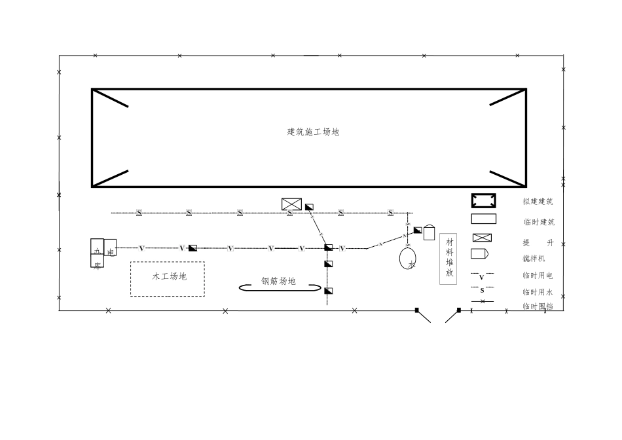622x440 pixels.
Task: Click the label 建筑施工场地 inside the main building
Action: [x=313, y=132]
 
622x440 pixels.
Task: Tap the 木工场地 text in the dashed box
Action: [x=169, y=276]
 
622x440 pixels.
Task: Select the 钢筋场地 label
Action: [x=278, y=281]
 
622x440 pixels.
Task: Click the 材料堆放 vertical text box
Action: [x=448, y=259]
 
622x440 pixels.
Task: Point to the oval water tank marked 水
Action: [x=409, y=257]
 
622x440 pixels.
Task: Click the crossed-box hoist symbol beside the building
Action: [x=291, y=204]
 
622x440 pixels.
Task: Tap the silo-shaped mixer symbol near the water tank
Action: [x=429, y=232]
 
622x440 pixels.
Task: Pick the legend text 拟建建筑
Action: [x=538, y=202]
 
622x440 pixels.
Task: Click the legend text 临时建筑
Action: [x=538, y=222]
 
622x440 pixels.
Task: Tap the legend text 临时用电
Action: [x=538, y=276]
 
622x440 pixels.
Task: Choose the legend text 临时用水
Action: [x=538, y=292]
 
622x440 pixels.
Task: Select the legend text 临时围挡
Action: [x=538, y=306]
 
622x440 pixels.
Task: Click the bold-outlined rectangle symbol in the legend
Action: [x=484, y=200]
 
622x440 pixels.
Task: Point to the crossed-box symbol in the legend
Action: [x=483, y=238]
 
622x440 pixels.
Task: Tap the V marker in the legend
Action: [x=482, y=278]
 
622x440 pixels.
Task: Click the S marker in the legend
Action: [x=483, y=290]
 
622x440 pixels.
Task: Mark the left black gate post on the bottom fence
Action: [x=417, y=310]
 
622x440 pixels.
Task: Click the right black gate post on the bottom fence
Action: [x=459, y=310]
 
